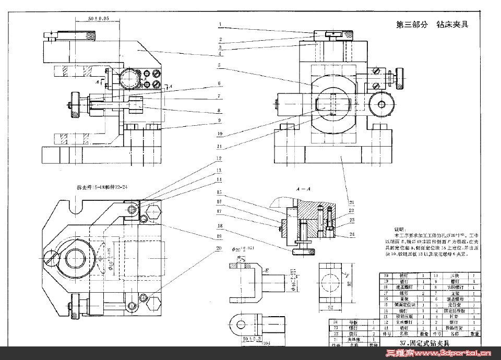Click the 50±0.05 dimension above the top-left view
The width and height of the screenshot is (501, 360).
pyautogui.click(x=98, y=19)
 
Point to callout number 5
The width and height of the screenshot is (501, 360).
pyautogui.click(x=220, y=66)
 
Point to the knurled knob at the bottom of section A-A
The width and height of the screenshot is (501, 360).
pyautogui.click(x=304, y=253)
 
